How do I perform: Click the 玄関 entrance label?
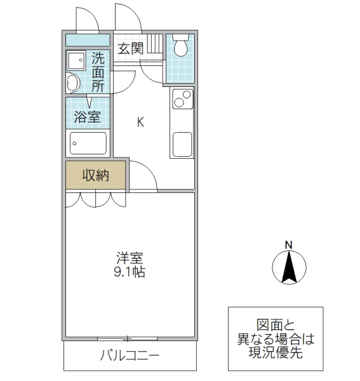point(131,48)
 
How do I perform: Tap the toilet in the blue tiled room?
point(180,46)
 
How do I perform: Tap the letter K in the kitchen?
point(141,122)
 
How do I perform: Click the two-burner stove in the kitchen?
point(182,100)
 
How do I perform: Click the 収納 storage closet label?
point(95,175)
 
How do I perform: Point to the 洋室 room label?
point(130,258)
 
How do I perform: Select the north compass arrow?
point(288,267)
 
